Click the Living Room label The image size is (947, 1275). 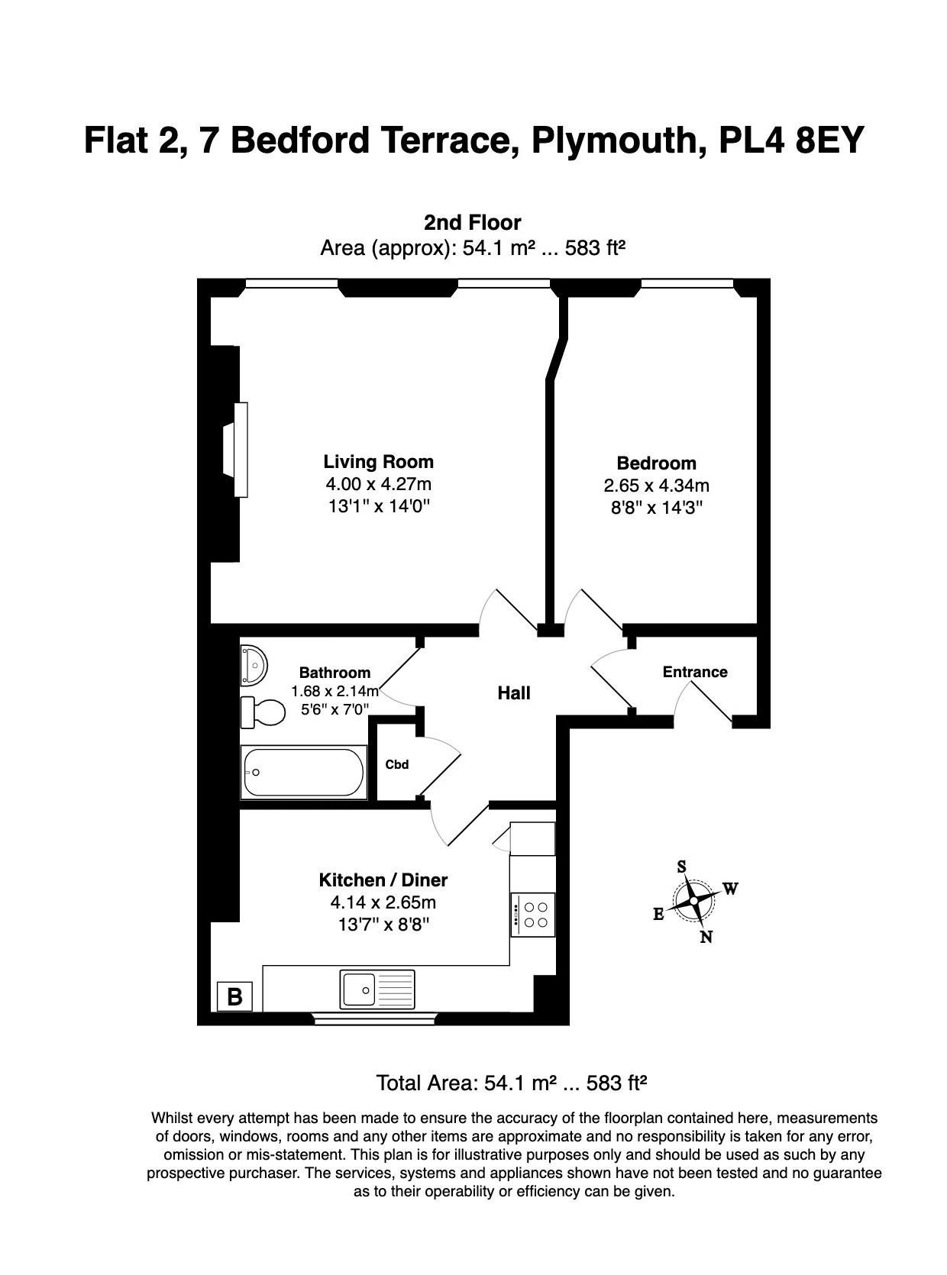(x=378, y=462)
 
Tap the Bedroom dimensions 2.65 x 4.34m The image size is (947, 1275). (x=656, y=486)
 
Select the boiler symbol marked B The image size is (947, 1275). (x=234, y=996)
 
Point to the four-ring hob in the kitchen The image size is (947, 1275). (x=533, y=915)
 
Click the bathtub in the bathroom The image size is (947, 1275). (x=303, y=773)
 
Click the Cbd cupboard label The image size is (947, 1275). (x=396, y=764)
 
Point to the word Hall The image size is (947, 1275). (x=513, y=693)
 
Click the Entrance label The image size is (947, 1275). (x=694, y=672)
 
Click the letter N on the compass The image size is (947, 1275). (x=706, y=937)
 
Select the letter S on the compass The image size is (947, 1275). (x=681, y=867)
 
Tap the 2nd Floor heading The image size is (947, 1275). (x=472, y=223)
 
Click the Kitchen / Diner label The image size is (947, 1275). (x=383, y=880)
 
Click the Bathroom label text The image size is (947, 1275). (x=335, y=673)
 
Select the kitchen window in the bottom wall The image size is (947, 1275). (x=374, y=1018)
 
